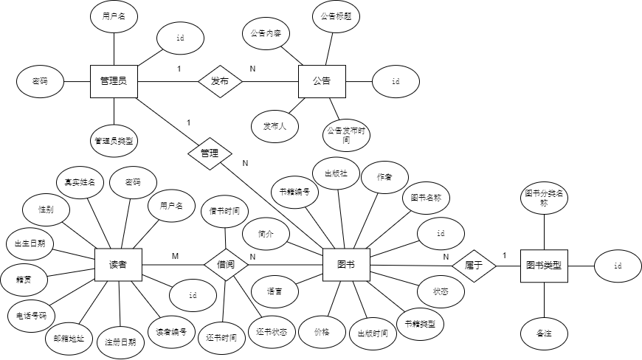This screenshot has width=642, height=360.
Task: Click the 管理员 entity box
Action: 113,80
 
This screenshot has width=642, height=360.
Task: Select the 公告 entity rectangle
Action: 321,80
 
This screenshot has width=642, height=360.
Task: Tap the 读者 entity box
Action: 118,264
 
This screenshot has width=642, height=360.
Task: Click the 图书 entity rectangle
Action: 345,264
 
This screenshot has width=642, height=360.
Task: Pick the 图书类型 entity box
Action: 544,264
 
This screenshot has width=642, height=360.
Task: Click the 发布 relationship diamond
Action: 220,80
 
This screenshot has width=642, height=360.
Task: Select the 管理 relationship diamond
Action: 210,153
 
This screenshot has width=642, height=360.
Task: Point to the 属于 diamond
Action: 473,265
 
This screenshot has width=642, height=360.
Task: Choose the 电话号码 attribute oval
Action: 32,315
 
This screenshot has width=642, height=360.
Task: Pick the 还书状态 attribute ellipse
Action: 272,331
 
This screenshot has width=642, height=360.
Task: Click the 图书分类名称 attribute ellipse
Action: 544,197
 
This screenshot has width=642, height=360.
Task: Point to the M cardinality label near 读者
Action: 175,256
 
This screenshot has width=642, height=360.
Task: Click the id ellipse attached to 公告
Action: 396,81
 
